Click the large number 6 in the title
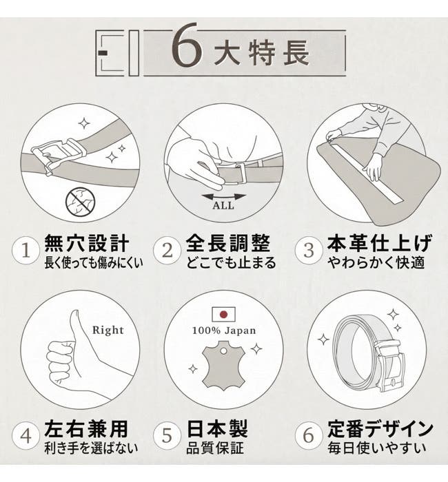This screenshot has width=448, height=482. click(187, 45)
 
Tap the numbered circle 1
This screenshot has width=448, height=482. click(26, 250)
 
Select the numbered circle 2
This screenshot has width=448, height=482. click(167, 250)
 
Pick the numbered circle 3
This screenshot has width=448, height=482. click(309, 250)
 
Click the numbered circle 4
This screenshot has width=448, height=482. click(26, 436)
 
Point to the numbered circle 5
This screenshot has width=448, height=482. click(167, 436)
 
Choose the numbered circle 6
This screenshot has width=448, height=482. click(309, 436)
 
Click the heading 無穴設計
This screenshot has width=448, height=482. click(86, 244)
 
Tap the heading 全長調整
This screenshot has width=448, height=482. click(228, 244)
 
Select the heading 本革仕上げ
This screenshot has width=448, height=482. click(379, 244)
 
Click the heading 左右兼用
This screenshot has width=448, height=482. click(86, 429)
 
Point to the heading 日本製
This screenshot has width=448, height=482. click(217, 429)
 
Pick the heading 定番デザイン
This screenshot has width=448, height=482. click(380, 429)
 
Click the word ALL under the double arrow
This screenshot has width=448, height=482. click(223, 205)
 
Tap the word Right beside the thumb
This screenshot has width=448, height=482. click(108, 330)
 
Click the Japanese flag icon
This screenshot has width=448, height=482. click(224, 315)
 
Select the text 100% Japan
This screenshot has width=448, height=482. click(224, 331)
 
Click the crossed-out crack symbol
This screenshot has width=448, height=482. click(81, 202)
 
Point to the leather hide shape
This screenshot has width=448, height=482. click(224, 366)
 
